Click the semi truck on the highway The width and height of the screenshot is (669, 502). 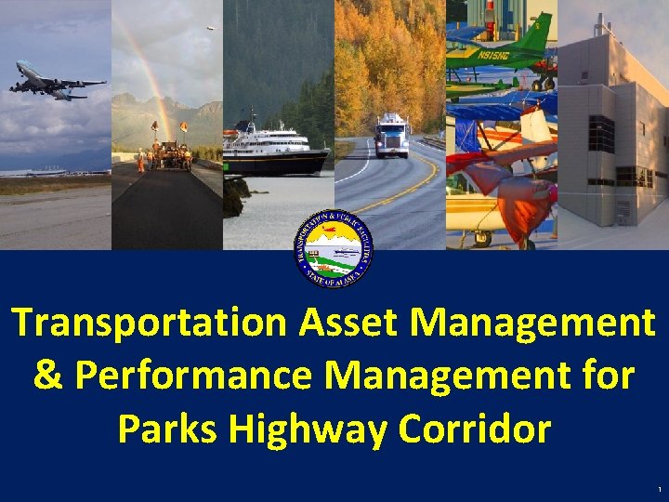(x=391, y=136)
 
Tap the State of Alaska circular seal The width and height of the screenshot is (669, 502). (x=334, y=250)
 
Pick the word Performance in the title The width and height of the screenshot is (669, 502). (x=201, y=376)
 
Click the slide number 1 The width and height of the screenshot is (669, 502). (x=658, y=490)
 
